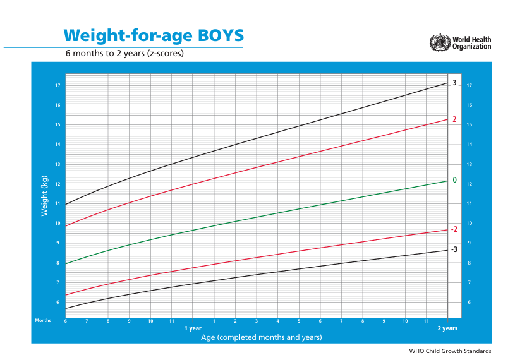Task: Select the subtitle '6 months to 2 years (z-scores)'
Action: click(124, 54)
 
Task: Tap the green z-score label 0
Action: click(454, 181)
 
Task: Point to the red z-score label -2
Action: click(454, 229)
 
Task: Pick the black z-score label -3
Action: click(454, 250)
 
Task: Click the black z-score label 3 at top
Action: click(454, 83)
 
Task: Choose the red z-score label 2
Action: click(454, 119)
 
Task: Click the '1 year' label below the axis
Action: click(193, 328)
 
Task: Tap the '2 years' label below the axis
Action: click(447, 328)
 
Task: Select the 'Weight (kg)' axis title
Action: click(45, 196)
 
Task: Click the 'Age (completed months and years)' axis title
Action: click(261, 337)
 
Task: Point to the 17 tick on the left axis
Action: click(58, 85)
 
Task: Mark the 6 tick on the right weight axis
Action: click(468, 302)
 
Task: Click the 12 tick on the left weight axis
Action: click(58, 184)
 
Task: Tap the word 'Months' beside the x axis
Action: click(43, 321)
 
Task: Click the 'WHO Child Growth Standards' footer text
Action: click(450, 351)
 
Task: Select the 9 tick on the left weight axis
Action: click(58, 243)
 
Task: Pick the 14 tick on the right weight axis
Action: click(469, 145)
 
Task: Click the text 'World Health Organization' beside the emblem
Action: click(471, 42)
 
